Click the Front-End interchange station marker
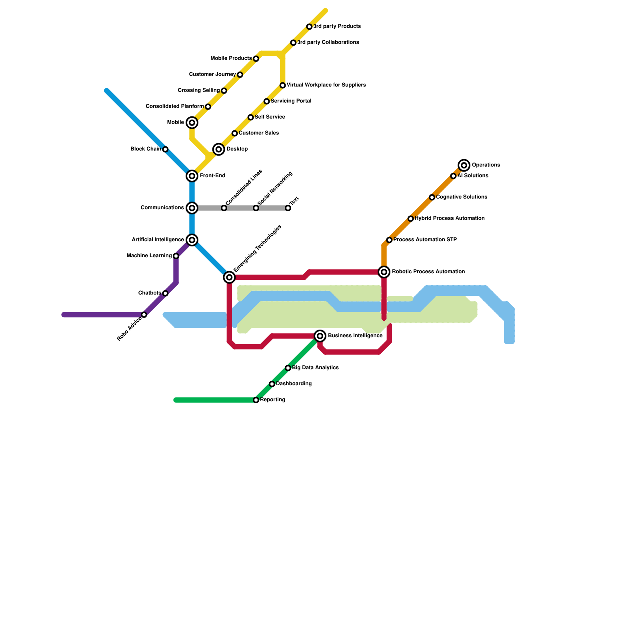point(192,176)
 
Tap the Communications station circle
point(192,208)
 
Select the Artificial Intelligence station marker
point(192,240)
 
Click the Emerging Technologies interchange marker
point(229,277)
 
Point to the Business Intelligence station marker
point(320,336)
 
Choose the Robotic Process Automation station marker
point(384,272)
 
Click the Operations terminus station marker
point(464,165)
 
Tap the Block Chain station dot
point(165,149)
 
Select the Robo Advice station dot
point(144,315)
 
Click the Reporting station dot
point(256,400)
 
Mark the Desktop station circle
point(218,149)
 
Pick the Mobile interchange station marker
point(192,123)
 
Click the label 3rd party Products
point(337,26)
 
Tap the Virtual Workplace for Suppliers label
point(326,85)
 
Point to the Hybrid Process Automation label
point(450,218)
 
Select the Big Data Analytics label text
point(315,368)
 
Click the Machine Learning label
point(149,256)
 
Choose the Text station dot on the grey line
point(288,208)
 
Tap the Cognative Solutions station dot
point(432,197)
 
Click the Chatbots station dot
point(165,293)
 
